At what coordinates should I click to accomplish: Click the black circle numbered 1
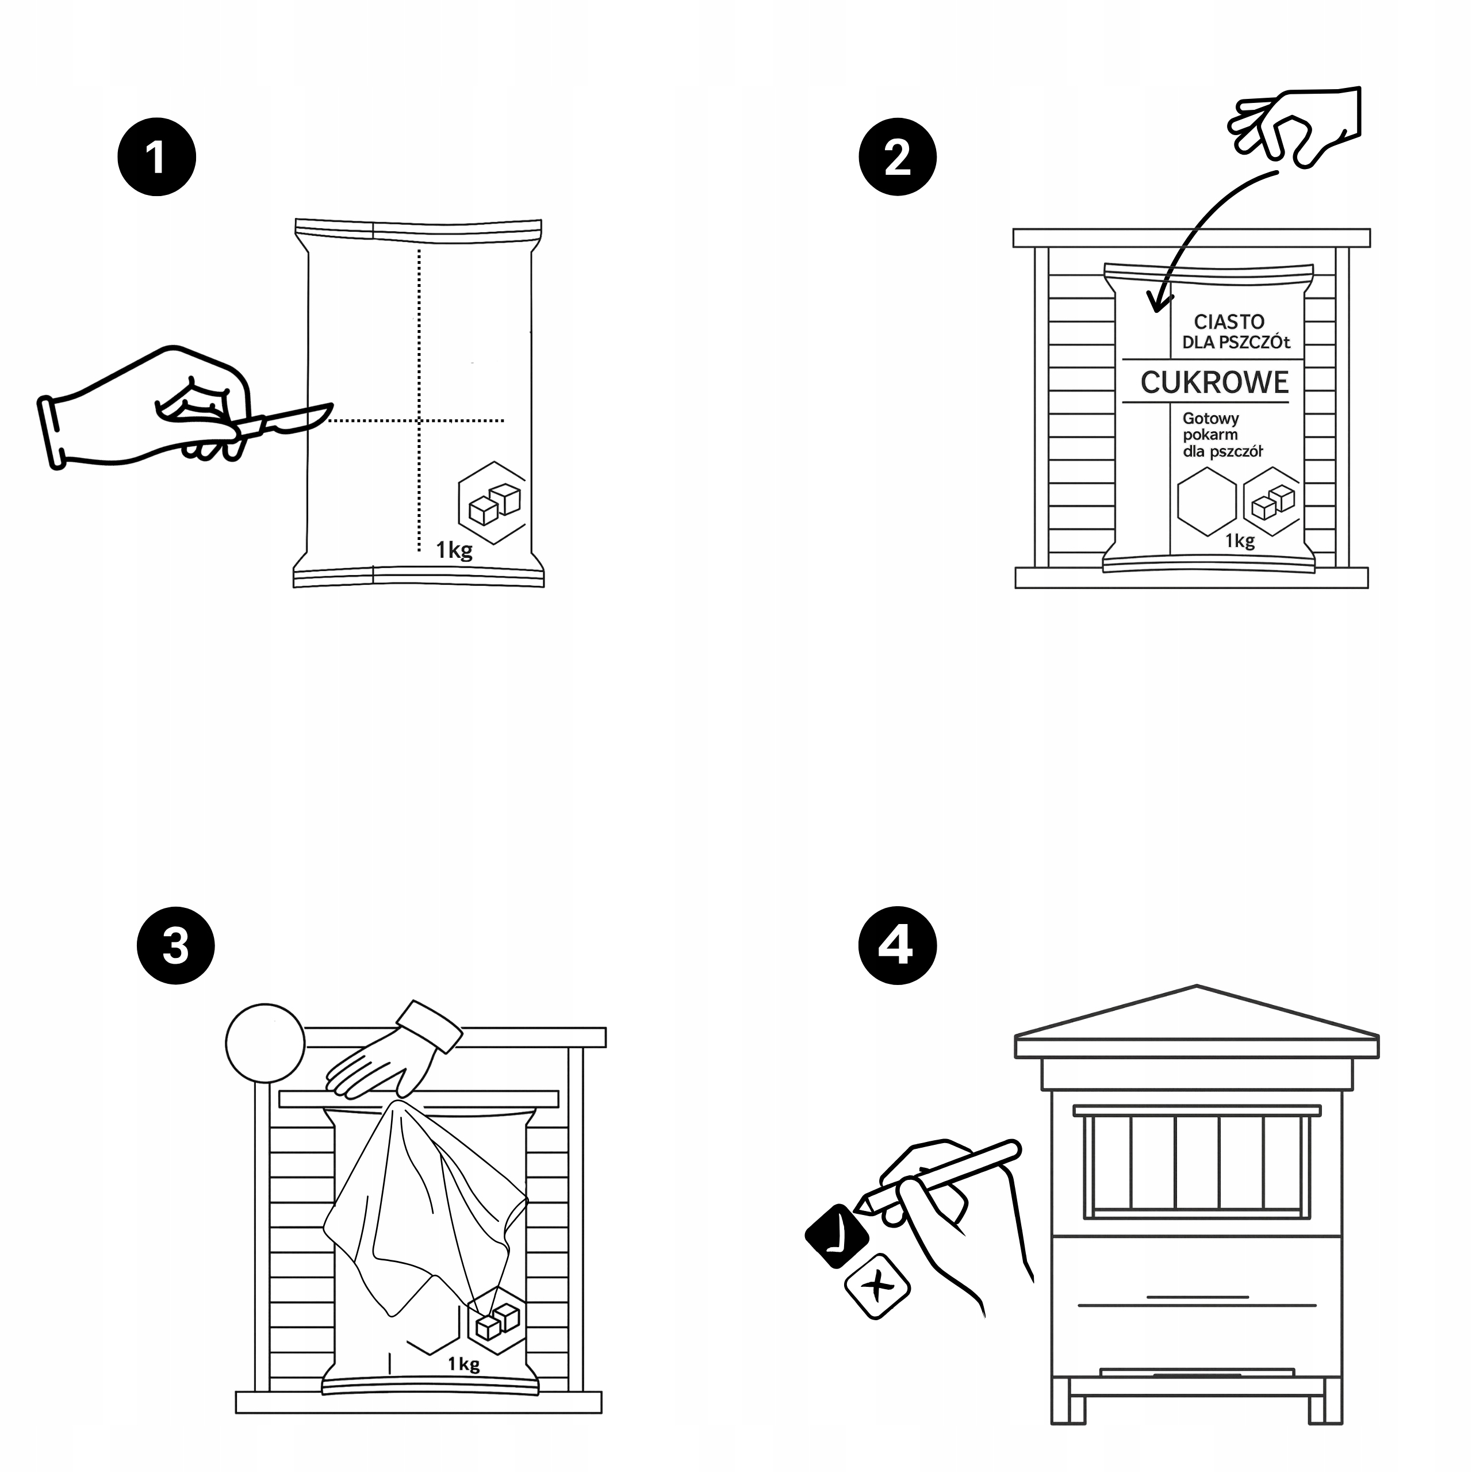pos(156,157)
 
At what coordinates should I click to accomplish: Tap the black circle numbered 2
pos(898,157)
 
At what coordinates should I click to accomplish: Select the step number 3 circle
pos(175,945)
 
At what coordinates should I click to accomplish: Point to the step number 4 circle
pos(897,945)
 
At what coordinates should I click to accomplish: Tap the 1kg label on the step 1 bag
pos(454,549)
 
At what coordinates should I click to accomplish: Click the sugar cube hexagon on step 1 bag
pos(493,503)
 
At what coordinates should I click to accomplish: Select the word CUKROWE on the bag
pos(1214,382)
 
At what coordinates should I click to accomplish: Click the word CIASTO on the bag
pos(1229,321)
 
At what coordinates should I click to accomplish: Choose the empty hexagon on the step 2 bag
pos(1207,501)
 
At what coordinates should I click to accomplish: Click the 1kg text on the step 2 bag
pos(1240,541)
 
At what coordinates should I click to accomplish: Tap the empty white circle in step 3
pos(265,1042)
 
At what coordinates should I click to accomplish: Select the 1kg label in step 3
pos(463,1363)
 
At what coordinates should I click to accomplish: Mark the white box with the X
pos(877,1286)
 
